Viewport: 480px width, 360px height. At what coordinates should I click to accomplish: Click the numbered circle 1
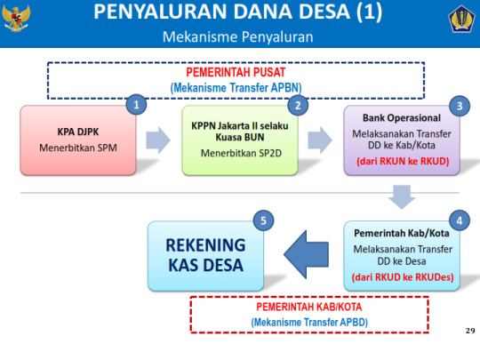coord(136,104)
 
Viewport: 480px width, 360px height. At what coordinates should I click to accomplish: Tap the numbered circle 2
coord(299,104)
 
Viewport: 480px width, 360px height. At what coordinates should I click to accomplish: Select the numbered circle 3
coord(459,104)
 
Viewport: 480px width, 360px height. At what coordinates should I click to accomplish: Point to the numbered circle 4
coord(459,219)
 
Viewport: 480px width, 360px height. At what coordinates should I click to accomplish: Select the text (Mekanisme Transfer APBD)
coord(309,321)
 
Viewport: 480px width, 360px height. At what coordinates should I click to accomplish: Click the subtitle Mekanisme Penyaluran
coord(237,38)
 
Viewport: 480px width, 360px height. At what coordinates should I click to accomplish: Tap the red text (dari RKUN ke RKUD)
coord(401,160)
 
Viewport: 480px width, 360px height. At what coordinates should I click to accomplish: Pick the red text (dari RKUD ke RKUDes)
coord(402,277)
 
